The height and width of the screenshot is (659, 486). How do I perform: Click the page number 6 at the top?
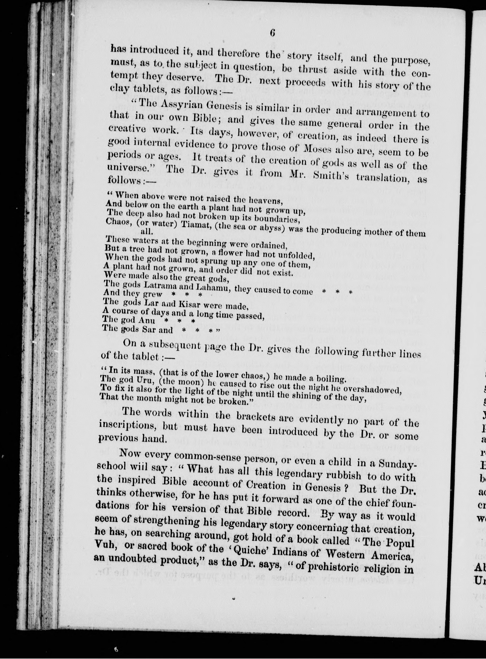[272, 33]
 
